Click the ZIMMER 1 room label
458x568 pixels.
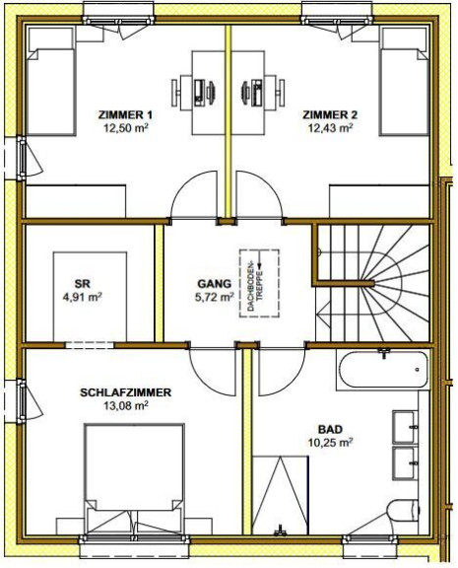click(x=125, y=115)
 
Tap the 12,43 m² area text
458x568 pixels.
click(x=330, y=128)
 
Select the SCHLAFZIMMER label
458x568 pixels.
click(x=125, y=392)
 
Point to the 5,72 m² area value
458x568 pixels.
click(x=214, y=297)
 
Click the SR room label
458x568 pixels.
click(x=82, y=284)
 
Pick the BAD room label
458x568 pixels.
click(x=330, y=430)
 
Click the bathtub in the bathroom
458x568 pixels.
click(x=383, y=370)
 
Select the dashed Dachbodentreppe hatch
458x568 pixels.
click(x=259, y=283)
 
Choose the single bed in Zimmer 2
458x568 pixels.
click(x=404, y=82)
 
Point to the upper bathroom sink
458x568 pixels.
click(x=406, y=427)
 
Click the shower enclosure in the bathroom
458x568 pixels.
click(x=281, y=495)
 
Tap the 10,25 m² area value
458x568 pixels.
click(x=330, y=443)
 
